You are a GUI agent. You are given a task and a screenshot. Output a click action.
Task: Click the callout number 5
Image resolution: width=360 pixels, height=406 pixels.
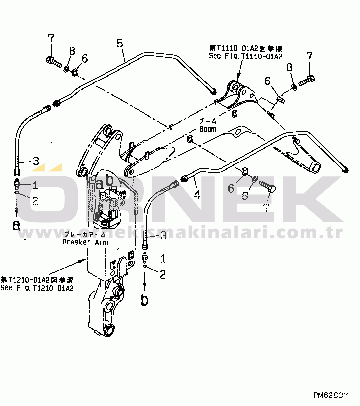coord(120,43)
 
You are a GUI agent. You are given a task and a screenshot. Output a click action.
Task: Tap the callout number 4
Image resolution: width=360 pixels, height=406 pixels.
coord(197,194)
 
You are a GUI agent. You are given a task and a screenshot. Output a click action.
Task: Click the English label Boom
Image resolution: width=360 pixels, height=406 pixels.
coord(208,129)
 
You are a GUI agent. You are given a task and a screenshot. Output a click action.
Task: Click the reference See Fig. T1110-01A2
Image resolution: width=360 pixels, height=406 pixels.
coord(246,57)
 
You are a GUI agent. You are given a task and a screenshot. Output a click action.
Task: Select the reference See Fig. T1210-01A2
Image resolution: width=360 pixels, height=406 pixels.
coord(37,288)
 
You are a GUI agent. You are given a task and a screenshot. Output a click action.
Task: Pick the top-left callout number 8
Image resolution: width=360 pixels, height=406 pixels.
coord(72,50)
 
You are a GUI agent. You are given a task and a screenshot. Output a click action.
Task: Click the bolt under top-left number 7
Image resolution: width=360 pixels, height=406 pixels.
coord(53,62)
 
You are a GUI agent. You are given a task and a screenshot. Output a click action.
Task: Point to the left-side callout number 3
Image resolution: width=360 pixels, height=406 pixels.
coord(36,161)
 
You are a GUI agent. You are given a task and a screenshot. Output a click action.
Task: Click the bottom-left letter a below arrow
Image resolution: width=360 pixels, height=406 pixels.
coord(17,225)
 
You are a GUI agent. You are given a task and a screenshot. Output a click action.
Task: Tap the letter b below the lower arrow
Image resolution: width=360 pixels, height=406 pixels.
coord(144,300)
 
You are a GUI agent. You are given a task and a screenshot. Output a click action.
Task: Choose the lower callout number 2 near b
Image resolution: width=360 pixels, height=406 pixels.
coord(163,273)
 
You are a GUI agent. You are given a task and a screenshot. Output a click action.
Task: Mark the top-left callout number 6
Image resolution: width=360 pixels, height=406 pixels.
coord(85,59)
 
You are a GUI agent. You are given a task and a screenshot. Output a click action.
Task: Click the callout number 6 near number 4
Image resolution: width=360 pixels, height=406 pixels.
coord(231,188)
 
